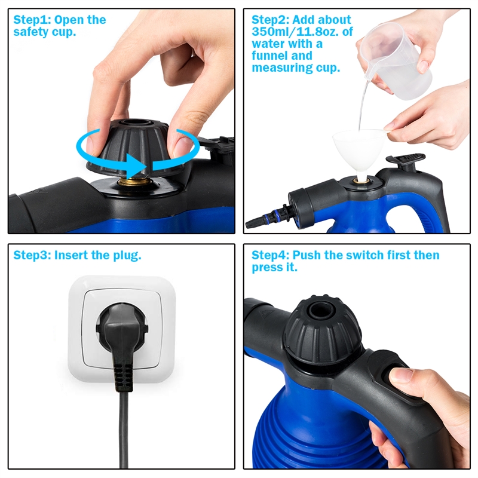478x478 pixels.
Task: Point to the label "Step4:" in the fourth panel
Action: point(270,255)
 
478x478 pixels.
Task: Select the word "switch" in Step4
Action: point(363,255)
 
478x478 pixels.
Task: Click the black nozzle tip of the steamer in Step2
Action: point(254,223)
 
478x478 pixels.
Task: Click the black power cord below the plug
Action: point(124,430)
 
